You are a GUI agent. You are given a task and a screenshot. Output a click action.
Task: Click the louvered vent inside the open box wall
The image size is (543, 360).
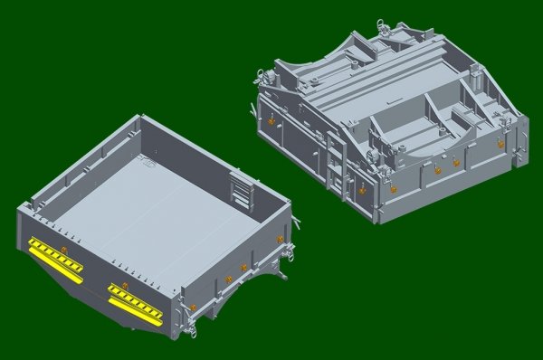click(x=242, y=189)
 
